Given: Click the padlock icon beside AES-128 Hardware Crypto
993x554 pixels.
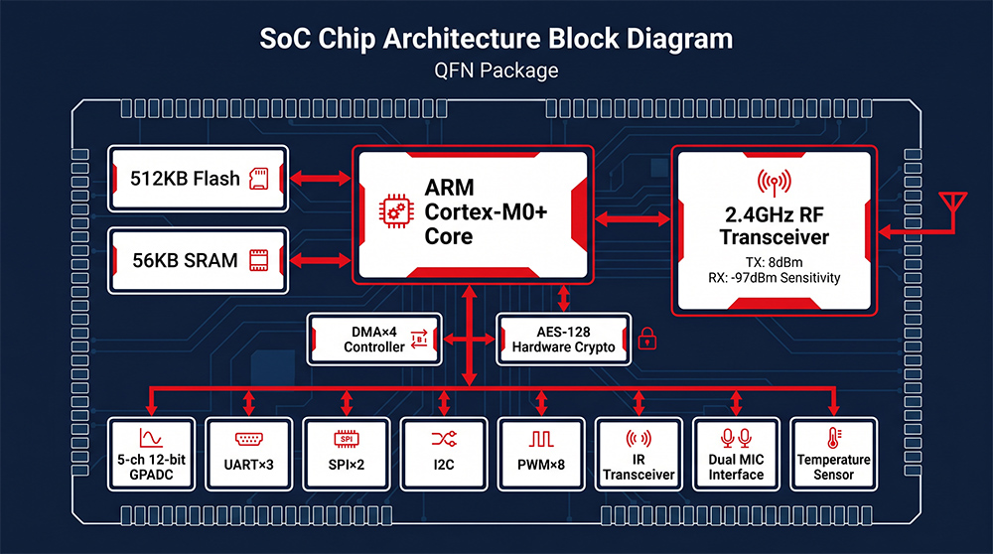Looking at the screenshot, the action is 646,339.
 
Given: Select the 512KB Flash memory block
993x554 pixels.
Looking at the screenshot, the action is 199,179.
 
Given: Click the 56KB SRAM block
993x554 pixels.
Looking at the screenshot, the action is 199,260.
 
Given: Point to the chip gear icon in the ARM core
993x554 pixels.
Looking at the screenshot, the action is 396,211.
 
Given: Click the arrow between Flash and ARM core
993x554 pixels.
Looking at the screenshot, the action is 321,178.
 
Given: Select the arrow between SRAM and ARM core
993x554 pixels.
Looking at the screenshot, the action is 321,259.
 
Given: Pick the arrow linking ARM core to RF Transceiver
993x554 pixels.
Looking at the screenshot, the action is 633,219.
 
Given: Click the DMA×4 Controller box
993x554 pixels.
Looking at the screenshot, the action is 374,340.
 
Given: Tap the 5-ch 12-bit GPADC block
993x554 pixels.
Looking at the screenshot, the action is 151,454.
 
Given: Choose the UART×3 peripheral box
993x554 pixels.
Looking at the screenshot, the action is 249,454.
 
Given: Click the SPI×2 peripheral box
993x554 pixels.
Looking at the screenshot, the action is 347,454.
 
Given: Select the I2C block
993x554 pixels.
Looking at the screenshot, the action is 444,454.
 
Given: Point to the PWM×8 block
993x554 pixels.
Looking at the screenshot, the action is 541,454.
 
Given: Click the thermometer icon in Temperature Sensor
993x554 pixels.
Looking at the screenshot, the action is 833,438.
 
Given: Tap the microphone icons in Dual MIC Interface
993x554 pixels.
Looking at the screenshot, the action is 736,438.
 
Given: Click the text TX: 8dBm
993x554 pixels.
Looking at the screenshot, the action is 774,262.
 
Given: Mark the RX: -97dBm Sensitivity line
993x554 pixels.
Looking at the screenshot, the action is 774,278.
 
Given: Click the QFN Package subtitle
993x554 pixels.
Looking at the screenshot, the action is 496,70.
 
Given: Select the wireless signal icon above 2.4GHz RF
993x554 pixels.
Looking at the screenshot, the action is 774,183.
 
